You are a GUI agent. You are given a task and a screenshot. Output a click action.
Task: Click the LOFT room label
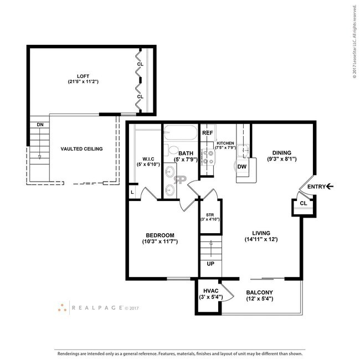click(83, 76)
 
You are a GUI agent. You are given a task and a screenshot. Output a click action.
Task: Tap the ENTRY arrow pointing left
click(330, 187)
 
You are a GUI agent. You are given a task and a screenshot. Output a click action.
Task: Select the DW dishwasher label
click(242, 167)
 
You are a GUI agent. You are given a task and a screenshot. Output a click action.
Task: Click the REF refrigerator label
click(208, 133)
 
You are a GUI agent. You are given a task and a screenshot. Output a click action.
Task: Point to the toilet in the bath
click(172, 150)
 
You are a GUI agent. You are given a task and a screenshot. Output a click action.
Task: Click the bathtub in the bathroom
click(181, 132)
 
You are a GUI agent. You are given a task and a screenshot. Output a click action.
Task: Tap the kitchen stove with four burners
click(208, 157)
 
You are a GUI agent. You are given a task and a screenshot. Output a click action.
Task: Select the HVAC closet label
click(211, 291)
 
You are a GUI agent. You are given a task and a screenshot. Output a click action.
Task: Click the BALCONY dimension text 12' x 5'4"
click(259, 299)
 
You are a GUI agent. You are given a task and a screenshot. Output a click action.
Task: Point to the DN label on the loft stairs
click(40, 125)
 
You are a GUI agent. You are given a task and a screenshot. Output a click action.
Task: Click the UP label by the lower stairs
click(210, 264)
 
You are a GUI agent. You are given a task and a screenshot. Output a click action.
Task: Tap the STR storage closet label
click(210, 215)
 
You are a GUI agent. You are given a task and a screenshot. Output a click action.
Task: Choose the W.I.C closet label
click(148, 159)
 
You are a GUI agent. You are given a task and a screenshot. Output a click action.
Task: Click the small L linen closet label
click(132, 192)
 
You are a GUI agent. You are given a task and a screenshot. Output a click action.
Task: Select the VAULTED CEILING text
click(82, 149)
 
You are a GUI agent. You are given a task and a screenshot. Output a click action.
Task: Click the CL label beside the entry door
click(304, 203)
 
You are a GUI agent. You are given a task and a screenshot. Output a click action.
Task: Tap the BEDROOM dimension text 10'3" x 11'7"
click(160, 241)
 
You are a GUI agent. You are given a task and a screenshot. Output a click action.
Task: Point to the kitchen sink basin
click(243, 151)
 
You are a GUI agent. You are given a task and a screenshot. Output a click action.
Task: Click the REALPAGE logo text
click(97, 307)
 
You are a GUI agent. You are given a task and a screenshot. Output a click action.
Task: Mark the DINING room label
click(282, 153)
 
